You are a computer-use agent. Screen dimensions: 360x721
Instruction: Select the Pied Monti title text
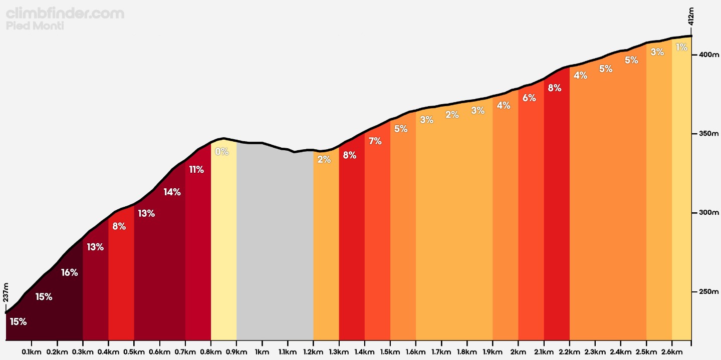pos(35,26)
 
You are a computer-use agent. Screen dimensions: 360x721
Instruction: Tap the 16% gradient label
pos(70,272)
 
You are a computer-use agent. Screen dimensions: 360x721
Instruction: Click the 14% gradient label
pos(172,192)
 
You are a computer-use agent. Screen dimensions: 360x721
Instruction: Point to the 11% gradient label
pos(196,170)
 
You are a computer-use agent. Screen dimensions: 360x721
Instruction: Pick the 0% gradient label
pos(221,152)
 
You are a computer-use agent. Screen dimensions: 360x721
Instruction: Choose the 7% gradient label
pos(375,141)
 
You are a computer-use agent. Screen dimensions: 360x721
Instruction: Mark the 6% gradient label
pos(529,98)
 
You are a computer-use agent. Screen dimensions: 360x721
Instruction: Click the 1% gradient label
pos(681,48)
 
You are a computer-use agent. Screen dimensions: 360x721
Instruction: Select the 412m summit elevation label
pos(691,16)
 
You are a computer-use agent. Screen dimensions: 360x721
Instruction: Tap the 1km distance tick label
pos(262,352)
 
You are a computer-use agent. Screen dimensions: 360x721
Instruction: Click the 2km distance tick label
pos(518,352)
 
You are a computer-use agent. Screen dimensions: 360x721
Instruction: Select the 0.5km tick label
pos(134,352)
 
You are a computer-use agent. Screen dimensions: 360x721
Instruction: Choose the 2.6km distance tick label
pos(671,352)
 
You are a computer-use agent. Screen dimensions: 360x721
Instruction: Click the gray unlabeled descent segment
pos(275,240)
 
